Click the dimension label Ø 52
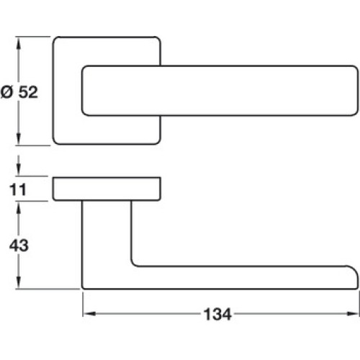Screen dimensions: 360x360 point(19,92)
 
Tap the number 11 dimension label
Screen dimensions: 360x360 point(18,189)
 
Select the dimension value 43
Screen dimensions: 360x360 point(19,246)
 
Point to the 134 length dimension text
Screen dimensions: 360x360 point(217,314)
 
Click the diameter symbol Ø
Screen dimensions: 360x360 point(6,92)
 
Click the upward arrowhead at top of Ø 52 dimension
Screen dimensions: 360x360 point(19,42)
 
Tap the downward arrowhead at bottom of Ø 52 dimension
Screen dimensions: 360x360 point(19,139)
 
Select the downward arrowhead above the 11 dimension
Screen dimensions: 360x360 point(19,171)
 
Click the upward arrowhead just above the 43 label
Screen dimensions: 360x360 point(19,207)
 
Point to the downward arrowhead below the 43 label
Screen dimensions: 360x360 point(19,283)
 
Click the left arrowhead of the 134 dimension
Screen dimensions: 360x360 point(89,314)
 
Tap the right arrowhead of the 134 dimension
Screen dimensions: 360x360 point(354,314)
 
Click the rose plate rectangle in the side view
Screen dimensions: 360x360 point(107,189)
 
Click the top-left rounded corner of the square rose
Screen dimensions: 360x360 point(55,39)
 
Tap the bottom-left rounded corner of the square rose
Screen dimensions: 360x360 point(55,142)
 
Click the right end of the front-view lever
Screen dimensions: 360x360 point(358,91)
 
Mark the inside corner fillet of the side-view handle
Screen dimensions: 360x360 point(133,264)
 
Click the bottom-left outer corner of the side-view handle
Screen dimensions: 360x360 point(83,288)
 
